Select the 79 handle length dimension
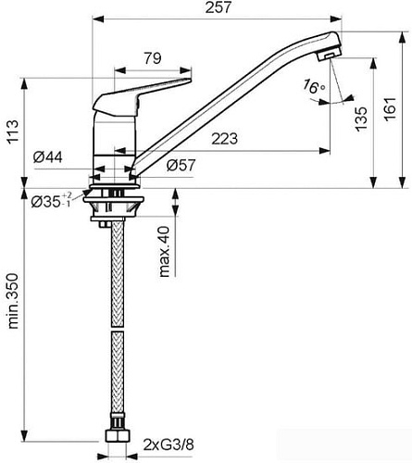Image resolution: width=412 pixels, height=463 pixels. coord(154,57)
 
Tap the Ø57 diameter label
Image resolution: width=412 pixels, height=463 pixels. coord(181,168)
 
